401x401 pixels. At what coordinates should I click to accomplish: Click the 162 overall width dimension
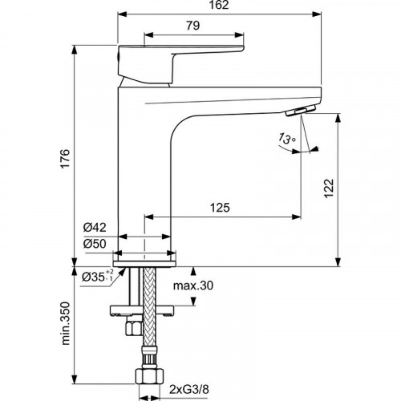(x=221, y=6)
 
